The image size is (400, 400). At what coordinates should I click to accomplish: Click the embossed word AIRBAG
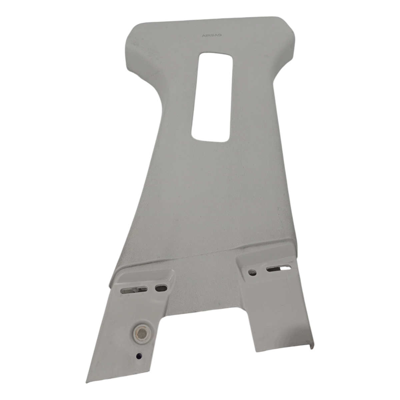(212, 35)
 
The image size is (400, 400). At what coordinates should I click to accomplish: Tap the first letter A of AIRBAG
(204, 36)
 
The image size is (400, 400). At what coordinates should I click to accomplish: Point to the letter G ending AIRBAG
(220, 35)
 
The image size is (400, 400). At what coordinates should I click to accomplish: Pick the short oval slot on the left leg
(161, 288)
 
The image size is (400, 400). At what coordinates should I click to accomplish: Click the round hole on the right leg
(253, 272)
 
